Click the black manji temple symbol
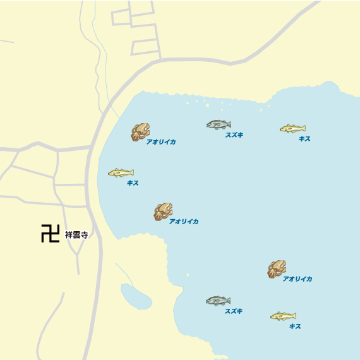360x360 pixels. tap(50, 234)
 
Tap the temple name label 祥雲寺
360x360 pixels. tap(75, 235)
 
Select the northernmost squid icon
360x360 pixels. tap(140, 131)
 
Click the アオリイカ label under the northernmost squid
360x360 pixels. tap(161, 142)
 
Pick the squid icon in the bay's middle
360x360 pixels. tap(163, 211)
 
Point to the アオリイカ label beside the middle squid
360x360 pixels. tap(184, 222)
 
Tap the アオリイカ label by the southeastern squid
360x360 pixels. tap(297, 279)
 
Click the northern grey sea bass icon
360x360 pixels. tap(219, 124)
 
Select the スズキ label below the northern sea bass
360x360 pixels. tap(234, 135)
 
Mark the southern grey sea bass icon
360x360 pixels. tap(218, 301)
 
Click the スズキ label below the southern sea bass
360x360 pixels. tap(234, 311)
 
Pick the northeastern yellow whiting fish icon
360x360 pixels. tap(292, 128)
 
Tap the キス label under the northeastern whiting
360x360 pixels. tap(304, 138)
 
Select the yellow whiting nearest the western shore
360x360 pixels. tap(121, 172)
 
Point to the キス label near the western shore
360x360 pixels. tap(133, 183)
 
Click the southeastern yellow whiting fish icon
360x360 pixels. tap(283, 316)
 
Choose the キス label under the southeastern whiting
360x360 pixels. tap(295, 327)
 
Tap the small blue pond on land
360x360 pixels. tap(135, 296)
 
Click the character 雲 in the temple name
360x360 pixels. tap(75, 235)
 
